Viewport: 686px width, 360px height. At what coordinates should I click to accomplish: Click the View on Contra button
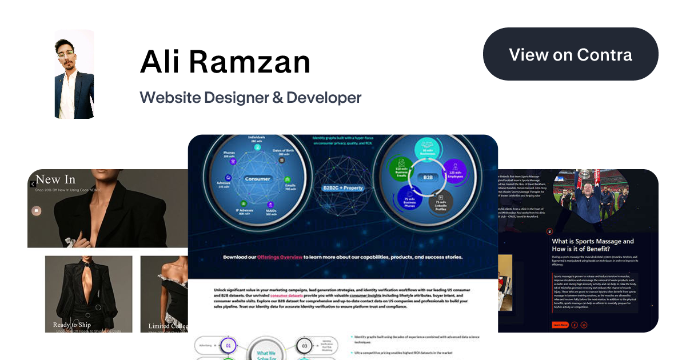571,55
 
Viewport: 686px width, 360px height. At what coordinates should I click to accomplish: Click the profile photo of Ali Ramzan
74,74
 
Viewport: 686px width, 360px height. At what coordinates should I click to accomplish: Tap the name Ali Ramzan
225,62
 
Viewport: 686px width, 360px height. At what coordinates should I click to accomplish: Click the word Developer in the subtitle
324,97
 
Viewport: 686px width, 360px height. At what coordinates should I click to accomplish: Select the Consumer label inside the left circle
257,179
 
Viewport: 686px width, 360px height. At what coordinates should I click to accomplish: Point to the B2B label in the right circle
428,178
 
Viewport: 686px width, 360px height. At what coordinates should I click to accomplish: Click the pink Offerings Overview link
280,258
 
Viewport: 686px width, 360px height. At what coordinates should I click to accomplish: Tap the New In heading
55,180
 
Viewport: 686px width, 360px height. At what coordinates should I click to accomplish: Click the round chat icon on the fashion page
37,211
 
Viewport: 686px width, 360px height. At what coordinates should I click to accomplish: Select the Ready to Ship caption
72,325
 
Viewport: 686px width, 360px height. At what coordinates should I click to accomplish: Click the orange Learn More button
560,325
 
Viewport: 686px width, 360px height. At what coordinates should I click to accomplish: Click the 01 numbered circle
229,345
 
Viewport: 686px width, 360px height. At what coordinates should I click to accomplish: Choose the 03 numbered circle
304,345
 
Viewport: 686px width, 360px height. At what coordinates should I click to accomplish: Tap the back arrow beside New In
33,184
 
